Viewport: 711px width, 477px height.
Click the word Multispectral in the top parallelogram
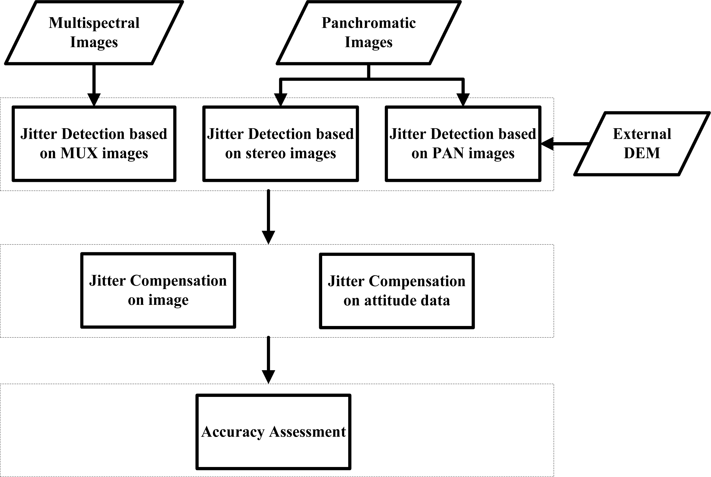[94, 23]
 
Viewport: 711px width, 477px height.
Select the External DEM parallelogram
[642, 144]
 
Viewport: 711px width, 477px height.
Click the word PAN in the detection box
[448, 153]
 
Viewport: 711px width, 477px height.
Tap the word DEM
[642, 153]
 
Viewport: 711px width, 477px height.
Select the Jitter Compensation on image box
[158, 290]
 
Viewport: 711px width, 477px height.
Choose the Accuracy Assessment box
[273, 432]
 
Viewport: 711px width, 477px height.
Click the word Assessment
[307, 432]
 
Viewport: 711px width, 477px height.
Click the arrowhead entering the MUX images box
[94, 100]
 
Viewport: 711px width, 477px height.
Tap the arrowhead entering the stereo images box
[281, 100]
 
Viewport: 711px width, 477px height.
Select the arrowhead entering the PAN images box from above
[463, 100]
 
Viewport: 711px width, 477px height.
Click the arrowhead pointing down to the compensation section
[269, 237]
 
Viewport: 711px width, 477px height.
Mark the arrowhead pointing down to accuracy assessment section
[269, 377]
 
